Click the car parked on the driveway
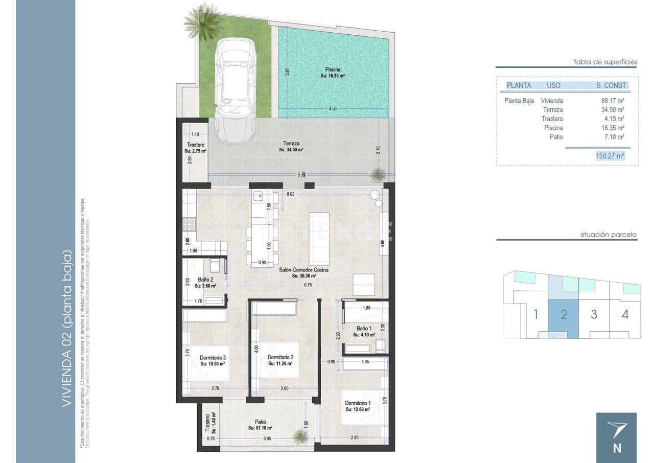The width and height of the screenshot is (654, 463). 236,92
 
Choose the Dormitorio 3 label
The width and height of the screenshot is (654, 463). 213,360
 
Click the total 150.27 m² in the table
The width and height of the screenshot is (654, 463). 610,156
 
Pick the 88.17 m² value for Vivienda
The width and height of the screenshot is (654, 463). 613,101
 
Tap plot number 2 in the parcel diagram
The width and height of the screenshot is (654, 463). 564,314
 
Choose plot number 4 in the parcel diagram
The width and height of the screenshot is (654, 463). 625,314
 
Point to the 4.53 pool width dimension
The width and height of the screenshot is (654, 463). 333,108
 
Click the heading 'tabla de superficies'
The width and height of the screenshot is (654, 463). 605,62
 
